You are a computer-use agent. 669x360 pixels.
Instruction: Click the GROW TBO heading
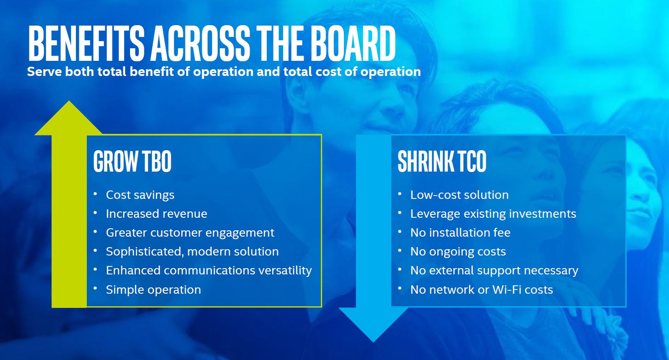(132, 161)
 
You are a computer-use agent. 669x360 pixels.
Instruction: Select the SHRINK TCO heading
(442, 161)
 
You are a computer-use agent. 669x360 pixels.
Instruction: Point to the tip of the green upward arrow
(69, 101)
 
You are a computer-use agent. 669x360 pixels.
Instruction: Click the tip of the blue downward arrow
(373, 342)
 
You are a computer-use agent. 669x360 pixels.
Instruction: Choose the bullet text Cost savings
(140, 195)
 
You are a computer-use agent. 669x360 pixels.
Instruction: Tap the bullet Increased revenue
(156, 214)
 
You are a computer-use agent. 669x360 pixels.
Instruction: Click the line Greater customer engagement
(190, 233)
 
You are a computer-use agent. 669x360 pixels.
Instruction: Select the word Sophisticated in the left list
(143, 252)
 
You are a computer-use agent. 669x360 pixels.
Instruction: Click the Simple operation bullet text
(154, 290)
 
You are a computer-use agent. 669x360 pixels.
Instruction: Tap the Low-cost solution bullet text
(459, 195)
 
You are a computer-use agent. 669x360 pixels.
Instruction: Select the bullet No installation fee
(460, 233)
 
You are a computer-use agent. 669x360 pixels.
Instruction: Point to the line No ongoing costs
(458, 252)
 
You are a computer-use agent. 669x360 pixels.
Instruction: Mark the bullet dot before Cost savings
(95, 194)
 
